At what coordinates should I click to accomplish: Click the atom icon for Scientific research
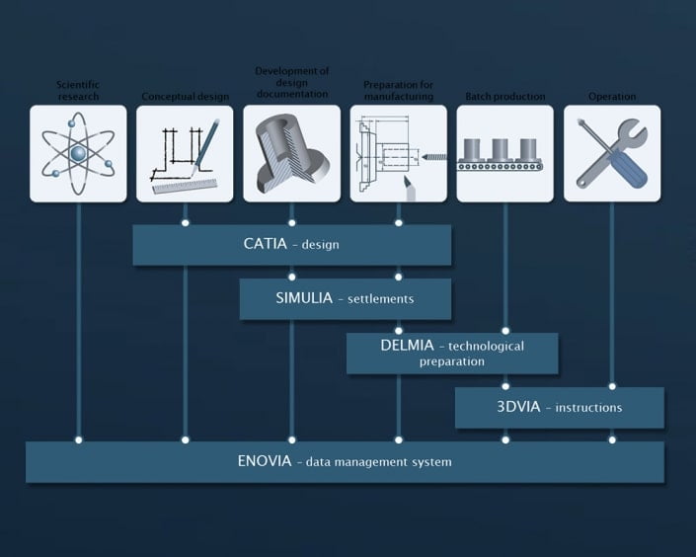click(78, 153)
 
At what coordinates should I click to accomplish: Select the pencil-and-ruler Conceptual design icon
click(185, 153)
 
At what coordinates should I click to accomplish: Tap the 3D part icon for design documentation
click(291, 153)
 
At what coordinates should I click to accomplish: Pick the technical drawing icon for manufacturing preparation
click(398, 153)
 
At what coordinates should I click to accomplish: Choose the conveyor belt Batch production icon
click(504, 153)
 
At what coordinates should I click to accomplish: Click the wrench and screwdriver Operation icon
click(612, 153)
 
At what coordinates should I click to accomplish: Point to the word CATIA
click(265, 243)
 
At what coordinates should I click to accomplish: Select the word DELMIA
click(410, 346)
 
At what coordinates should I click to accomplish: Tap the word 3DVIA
click(519, 406)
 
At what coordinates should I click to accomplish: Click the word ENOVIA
click(264, 460)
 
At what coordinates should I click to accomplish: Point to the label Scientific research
click(77, 91)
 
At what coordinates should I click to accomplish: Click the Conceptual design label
click(185, 97)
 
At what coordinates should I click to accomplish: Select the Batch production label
click(504, 97)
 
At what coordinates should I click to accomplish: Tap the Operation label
click(612, 97)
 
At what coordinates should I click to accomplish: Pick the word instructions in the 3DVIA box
click(590, 407)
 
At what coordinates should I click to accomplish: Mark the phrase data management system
click(379, 461)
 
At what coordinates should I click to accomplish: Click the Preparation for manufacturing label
click(398, 91)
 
